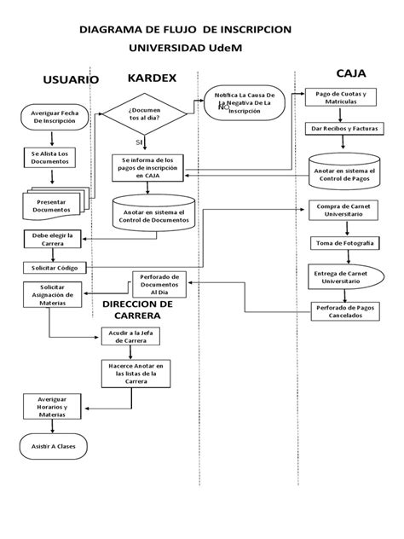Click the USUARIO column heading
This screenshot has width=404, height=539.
(71, 79)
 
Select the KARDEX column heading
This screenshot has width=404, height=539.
(152, 78)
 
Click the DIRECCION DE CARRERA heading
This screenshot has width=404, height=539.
(138, 310)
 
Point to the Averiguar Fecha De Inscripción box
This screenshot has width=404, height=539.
(54, 118)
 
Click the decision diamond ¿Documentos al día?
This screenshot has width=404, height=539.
(144, 115)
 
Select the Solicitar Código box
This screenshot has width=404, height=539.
(53, 268)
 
